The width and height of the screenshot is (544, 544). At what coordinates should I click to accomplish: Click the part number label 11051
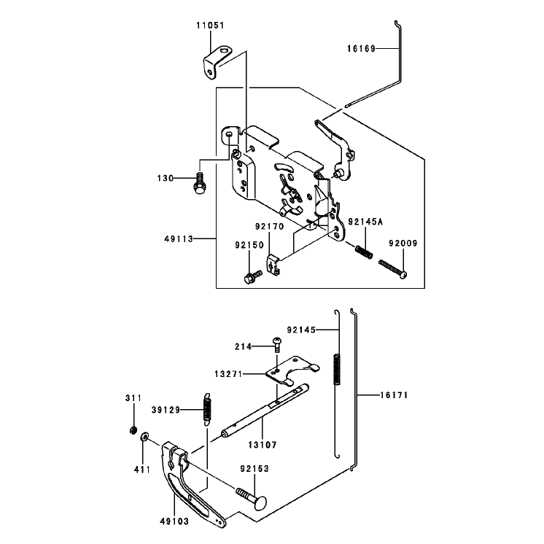tap(210, 26)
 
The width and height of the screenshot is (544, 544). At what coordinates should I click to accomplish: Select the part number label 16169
tap(361, 49)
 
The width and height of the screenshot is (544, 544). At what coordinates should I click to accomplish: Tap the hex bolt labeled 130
tap(200, 183)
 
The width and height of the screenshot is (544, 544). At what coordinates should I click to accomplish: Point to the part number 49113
tap(179, 238)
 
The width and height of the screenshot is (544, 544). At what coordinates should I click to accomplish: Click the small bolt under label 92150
tap(253, 276)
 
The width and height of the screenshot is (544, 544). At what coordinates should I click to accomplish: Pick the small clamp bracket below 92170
tap(273, 265)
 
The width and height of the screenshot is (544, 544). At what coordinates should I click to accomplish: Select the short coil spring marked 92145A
tap(364, 252)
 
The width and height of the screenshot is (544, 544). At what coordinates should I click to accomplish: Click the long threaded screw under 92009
tap(393, 268)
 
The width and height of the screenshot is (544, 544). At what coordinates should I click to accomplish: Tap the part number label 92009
tap(403, 244)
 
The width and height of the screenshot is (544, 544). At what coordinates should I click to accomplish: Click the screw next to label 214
tap(277, 344)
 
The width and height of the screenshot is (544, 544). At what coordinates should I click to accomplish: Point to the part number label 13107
tap(263, 444)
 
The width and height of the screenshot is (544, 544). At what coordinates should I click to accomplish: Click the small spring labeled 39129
tap(207, 408)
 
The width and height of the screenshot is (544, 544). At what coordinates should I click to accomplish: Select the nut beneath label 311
tap(132, 430)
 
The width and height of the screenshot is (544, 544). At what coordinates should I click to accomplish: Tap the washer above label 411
tap(144, 436)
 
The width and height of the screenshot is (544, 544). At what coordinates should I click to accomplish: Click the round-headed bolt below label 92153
tap(252, 498)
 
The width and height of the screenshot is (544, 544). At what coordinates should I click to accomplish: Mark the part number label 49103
tap(174, 521)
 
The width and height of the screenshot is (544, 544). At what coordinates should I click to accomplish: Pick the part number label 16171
tap(394, 395)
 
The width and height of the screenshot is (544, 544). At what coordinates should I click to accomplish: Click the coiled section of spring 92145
tap(337, 369)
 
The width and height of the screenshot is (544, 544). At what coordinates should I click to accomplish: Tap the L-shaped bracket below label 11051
tap(215, 62)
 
